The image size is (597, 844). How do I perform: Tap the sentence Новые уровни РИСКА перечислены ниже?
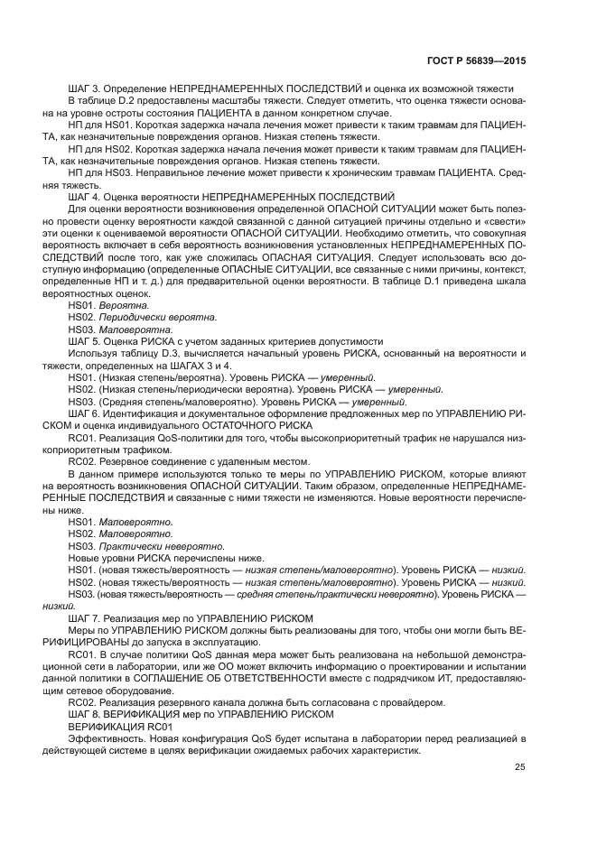[165, 557]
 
